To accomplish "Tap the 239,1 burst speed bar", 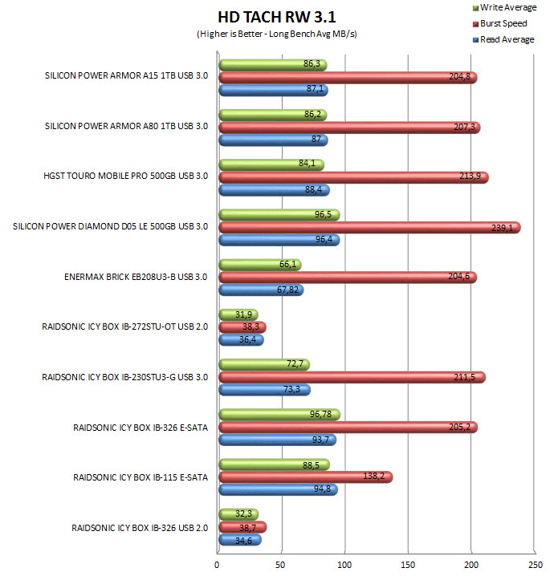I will (x=369, y=228).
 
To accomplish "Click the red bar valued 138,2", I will (x=305, y=477).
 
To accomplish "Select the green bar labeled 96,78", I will (x=279, y=415).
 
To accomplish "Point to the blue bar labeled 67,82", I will (x=260, y=290).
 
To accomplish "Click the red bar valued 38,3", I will (x=242, y=327).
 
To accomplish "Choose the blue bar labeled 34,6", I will (x=240, y=540).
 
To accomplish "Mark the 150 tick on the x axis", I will (x=408, y=566).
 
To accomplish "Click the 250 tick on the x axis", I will (x=534, y=566).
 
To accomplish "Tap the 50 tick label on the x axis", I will (x=281, y=566).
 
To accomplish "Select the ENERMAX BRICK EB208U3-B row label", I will (x=136, y=278).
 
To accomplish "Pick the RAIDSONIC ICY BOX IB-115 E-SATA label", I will (x=141, y=477).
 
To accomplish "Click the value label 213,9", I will (x=470, y=176).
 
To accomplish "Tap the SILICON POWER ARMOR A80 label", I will (x=127, y=127).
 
